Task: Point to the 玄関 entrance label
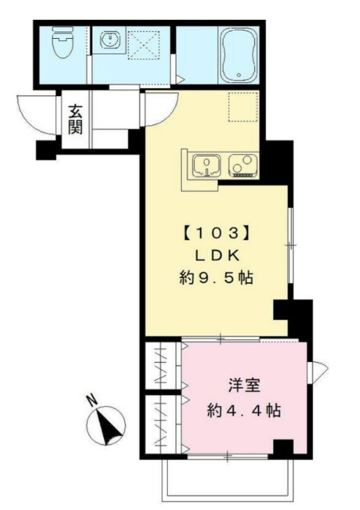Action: coord(75,119)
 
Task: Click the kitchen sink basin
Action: coord(206,166)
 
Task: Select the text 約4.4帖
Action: coord(241,409)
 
